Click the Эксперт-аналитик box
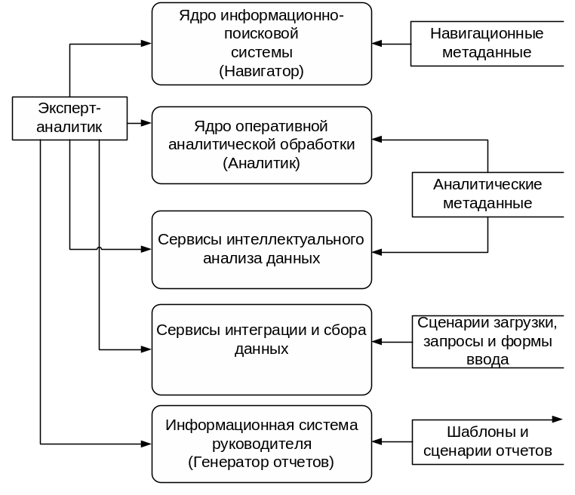(x=69, y=118)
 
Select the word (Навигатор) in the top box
(x=261, y=72)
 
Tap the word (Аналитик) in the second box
(x=261, y=162)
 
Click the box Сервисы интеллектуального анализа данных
(x=261, y=249)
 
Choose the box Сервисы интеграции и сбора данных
(x=261, y=349)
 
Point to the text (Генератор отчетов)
(x=261, y=461)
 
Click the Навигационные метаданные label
(x=487, y=43)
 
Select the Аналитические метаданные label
(x=487, y=194)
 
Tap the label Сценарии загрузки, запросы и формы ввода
(x=487, y=341)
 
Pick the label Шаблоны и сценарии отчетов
(x=487, y=441)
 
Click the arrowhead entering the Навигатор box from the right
(x=377, y=43)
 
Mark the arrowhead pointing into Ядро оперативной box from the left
(x=146, y=122)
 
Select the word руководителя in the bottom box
(x=261, y=443)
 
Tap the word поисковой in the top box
(x=261, y=34)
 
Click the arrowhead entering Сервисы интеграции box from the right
(x=377, y=342)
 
